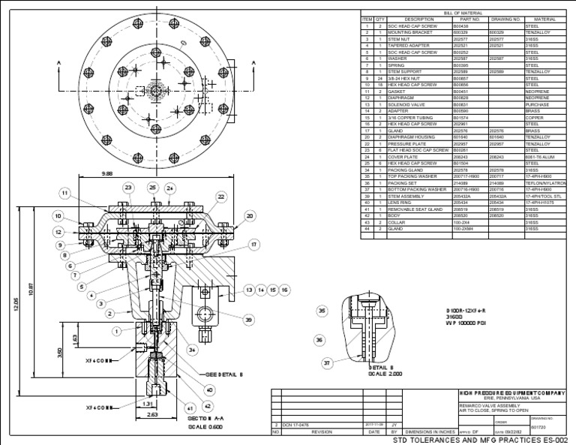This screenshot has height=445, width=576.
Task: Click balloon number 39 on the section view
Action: tap(248, 320)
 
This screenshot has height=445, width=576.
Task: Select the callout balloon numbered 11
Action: tap(65, 193)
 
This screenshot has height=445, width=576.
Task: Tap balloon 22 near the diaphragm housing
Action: tap(221, 197)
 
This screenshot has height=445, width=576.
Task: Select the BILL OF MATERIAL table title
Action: tap(463, 13)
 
